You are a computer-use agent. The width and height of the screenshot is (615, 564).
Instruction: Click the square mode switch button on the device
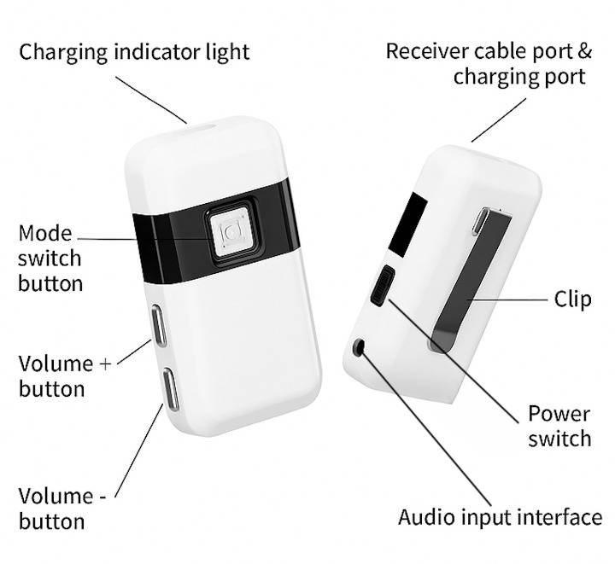232,233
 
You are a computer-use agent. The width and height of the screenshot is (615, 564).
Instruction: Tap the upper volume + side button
158,325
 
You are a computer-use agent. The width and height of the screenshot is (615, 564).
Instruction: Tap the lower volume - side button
171,389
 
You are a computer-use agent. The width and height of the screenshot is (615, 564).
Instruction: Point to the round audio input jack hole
359,346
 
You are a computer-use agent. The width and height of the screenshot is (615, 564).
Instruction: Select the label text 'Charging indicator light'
134,53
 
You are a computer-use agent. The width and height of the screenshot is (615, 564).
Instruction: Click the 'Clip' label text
572,299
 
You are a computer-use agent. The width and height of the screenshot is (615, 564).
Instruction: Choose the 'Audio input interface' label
500,516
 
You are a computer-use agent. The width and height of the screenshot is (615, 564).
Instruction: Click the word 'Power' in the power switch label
559,415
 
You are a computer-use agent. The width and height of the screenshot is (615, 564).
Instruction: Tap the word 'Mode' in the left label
45,234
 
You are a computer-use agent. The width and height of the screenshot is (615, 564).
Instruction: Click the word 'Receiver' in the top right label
427,51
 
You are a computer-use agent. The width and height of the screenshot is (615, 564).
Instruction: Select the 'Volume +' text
65,363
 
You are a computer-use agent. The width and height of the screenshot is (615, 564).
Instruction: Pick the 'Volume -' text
62,497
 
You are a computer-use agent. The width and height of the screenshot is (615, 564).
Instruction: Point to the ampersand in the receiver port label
585,51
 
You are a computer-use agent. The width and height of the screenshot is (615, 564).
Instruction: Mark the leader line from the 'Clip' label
509,300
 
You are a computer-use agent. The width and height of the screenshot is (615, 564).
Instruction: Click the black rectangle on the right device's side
408,225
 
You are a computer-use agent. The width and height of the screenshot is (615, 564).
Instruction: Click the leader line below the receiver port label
499,119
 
